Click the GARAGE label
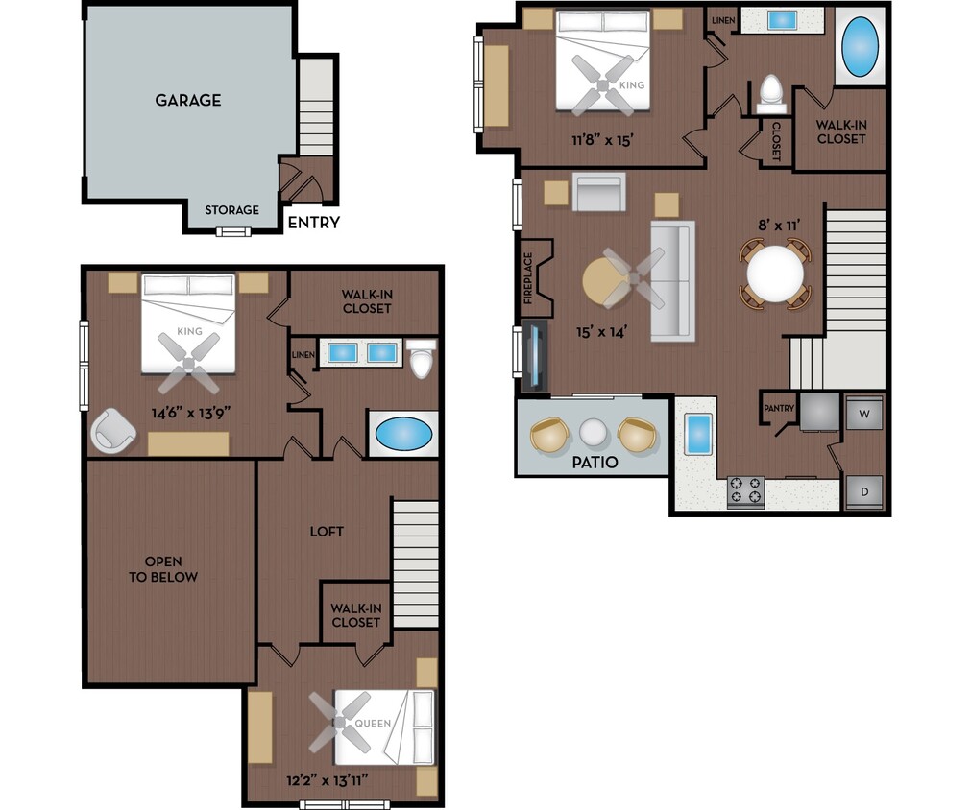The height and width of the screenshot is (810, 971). tap(188, 100)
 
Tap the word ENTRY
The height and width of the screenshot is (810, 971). tap(313, 223)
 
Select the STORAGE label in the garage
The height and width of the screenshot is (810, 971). tap(231, 210)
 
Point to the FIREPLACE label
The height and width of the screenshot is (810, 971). tap(528, 278)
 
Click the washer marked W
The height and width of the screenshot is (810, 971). tap(864, 414)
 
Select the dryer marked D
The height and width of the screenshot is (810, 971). tap(864, 492)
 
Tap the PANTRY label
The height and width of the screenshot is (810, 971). tap(779, 409)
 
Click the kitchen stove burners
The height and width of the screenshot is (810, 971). tap(746, 490)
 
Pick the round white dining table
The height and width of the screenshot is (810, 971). tap(775, 274)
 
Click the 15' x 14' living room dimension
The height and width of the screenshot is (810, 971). tap(601, 332)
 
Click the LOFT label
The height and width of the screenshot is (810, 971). tap(327, 532)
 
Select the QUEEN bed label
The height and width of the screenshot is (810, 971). tap(374, 723)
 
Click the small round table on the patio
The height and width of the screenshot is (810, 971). tap(593, 434)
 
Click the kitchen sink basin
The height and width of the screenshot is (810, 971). tap(696, 435)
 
